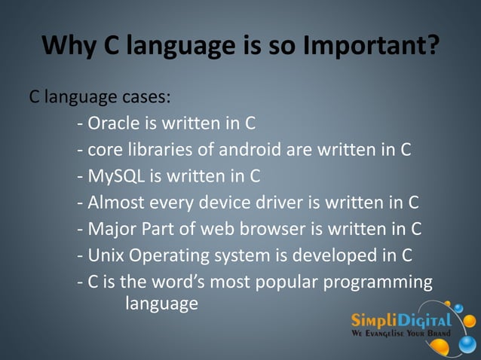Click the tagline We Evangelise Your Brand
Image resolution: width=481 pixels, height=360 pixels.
(401, 333)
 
